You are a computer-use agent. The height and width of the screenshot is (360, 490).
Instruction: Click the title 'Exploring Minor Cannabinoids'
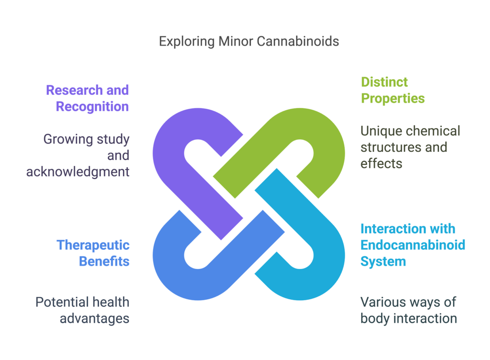coord(249,42)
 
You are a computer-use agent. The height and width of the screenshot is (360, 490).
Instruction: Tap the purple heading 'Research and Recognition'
coord(87,98)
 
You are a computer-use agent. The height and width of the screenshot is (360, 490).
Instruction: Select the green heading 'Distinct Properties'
coord(392,90)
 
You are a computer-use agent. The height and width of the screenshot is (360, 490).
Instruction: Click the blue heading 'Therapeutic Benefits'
coord(93,253)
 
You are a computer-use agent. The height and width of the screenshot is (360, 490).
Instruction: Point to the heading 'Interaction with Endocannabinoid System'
coord(412,245)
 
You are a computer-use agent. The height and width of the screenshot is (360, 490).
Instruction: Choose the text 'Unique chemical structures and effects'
coord(410,147)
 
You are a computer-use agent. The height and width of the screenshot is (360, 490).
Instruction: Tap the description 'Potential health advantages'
coord(82,310)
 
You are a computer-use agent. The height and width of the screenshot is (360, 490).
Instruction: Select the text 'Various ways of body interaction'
coord(408,310)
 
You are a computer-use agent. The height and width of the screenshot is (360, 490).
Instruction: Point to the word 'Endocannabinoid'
coord(412,245)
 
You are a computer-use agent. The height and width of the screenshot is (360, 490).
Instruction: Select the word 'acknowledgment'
coord(78,171)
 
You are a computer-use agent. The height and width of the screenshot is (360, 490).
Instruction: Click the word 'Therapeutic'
coord(93,245)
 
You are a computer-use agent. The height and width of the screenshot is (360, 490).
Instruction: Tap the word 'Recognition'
coord(92,106)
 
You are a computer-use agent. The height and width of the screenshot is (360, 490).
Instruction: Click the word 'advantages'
coord(94,318)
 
